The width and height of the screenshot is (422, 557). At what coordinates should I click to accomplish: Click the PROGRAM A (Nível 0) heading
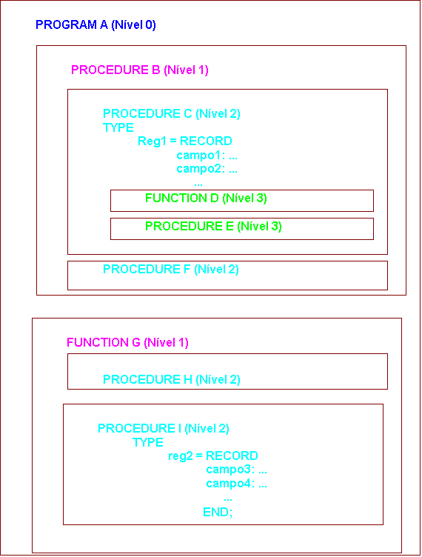(96, 25)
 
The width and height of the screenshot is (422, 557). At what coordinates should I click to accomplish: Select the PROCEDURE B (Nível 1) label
(139, 70)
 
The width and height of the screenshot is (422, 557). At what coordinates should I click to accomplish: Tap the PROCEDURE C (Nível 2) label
(172, 113)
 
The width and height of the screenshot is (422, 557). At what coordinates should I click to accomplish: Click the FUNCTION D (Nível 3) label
(206, 198)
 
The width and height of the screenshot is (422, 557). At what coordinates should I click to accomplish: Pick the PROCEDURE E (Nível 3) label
(213, 227)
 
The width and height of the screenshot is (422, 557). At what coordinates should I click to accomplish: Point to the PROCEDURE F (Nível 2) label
(171, 270)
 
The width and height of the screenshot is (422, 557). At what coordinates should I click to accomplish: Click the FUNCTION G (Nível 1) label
(127, 342)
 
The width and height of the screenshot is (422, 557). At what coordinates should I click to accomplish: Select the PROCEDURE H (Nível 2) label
(172, 379)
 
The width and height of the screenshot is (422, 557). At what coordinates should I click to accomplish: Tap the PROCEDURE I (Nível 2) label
(164, 428)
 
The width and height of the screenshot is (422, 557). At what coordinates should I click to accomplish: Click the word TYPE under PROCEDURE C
(118, 127)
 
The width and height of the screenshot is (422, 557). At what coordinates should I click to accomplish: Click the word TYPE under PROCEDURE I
(148, 442)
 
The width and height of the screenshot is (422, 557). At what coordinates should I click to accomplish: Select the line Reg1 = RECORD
(185, 141)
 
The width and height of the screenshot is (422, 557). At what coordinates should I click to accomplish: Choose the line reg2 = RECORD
(213, 456)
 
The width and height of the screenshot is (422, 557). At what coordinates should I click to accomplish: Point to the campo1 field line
(207, 156)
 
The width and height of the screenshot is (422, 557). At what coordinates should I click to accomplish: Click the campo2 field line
(207, 169)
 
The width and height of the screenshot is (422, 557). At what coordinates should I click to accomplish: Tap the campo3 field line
(236, 470)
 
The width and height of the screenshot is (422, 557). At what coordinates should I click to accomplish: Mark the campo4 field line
(236, 484)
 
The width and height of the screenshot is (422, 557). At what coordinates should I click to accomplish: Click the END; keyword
(218, 513)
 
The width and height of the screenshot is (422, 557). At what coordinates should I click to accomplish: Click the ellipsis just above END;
(228, 500)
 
